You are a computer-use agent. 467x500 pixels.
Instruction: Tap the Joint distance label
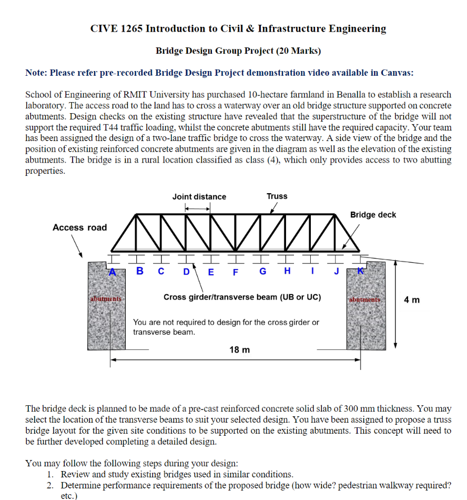(199, 197)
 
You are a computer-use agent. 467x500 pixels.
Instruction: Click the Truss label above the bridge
(277, 196)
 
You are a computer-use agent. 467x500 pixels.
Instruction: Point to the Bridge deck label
(373, 215)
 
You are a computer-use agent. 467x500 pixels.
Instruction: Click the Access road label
(79, 227)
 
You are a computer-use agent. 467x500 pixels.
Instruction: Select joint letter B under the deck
(140, 272)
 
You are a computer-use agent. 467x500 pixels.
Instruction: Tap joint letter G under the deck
(262, 272)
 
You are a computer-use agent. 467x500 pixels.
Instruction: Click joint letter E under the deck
(211, 272)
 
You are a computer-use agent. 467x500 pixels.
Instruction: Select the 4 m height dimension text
(412, 300)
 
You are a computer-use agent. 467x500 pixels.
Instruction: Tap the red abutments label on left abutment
(106, 298)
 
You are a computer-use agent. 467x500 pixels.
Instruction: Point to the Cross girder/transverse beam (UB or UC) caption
(242, 297)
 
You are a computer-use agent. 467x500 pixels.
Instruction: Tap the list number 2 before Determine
(50, 485)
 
